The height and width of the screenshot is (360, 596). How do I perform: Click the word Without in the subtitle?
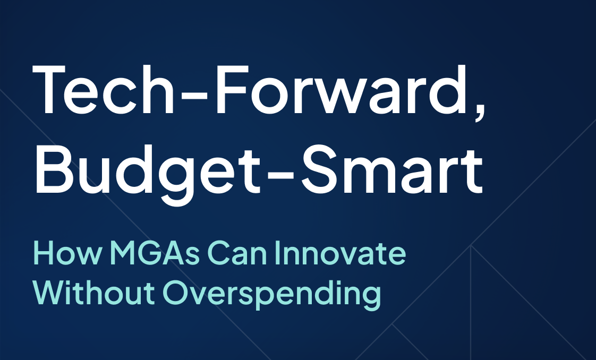92,293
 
